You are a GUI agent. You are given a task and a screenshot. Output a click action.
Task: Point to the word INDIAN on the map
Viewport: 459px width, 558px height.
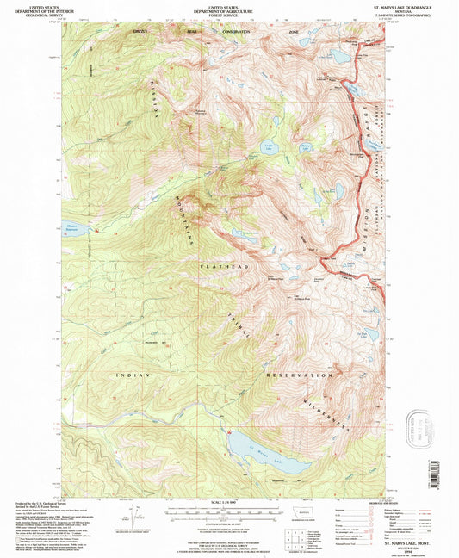click(133, 376)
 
